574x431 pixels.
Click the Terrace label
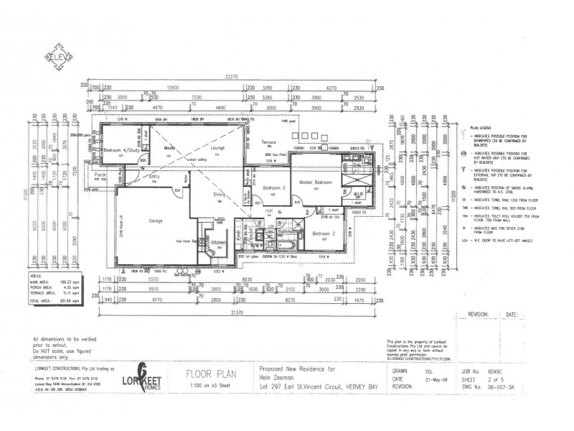[x=268, y=143]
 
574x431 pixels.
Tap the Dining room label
[x=219, y=194]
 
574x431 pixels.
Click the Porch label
[x=100, y=175]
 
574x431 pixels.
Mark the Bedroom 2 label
[x=274, y=188]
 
